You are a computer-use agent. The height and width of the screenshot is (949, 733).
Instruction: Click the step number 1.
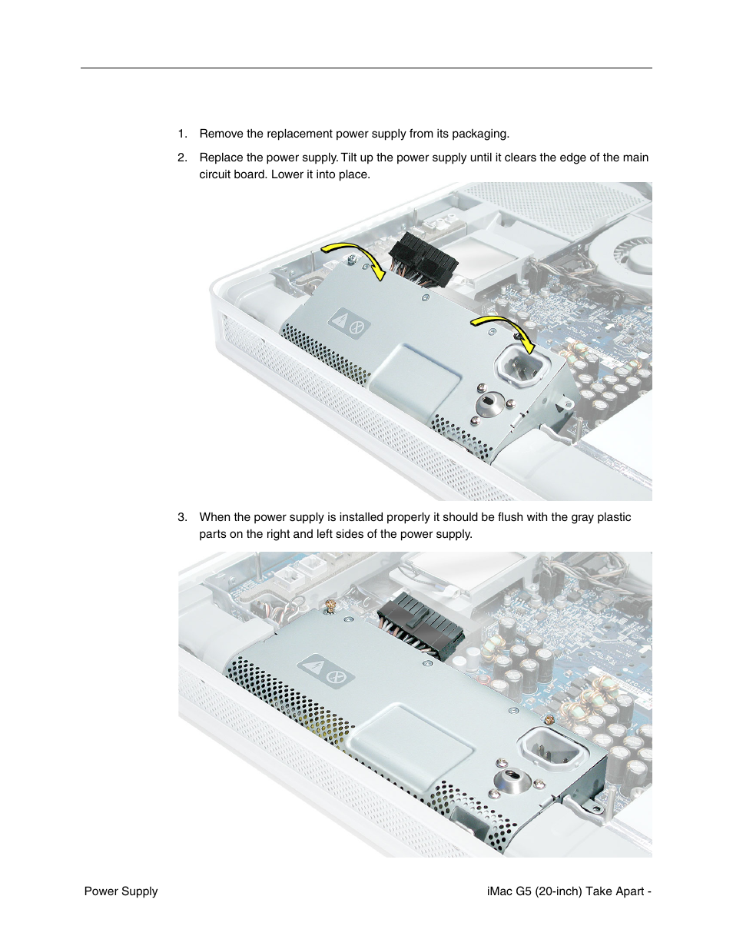(x=181, y=134)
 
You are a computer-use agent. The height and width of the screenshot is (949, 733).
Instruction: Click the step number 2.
(x=181, y=158)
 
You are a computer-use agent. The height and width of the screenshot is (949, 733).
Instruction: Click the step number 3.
(x=181, y=517)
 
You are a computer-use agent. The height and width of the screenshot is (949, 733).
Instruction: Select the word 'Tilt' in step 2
(x=350, y=158)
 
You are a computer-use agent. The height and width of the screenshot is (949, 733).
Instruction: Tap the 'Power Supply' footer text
(x=121, y=891)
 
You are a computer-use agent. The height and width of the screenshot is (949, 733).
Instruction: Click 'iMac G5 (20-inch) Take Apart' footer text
(x=566, y=891)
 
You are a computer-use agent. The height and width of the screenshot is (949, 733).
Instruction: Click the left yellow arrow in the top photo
(x=353, y=257)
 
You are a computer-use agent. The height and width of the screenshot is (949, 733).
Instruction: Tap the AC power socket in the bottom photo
(x=553, y=748)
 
